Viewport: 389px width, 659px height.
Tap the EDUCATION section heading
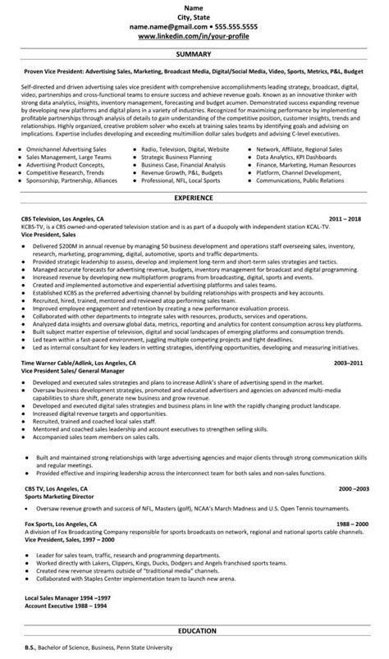pyautogui.click(x=194, y=630)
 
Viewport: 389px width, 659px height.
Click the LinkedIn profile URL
pyautogui.click(x=194, y=38)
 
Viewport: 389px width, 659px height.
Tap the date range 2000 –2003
pyautogui.click(x=354, y=488)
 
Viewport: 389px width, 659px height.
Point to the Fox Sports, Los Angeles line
pyautogui.click(x=57, y=522)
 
